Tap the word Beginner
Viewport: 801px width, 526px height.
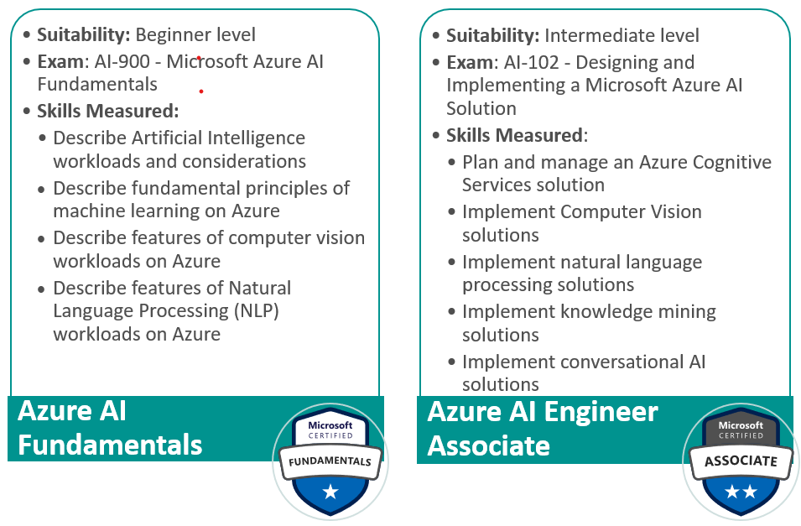(169, 34)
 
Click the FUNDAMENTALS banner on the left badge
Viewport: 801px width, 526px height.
(330, 461)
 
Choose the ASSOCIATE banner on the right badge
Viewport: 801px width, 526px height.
(739, 461)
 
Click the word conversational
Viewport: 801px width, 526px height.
(622, 362)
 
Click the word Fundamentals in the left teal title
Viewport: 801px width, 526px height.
(110, 444)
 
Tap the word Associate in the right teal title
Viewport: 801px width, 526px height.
(488, 445)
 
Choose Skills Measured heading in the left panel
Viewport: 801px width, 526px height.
(107, 112)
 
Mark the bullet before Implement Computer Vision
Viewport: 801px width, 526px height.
(451, 213)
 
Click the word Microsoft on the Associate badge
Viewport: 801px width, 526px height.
(739, 426)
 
